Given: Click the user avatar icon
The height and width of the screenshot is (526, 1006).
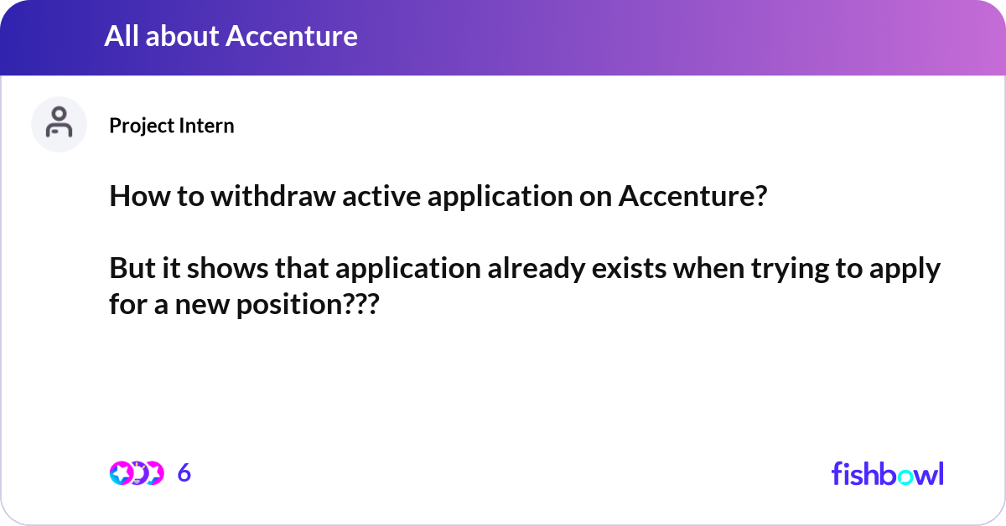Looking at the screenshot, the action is coord(59,124).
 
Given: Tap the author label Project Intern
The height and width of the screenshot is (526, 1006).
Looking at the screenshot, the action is coord(172,126).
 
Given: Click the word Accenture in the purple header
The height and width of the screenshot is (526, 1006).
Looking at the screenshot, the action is coord(292,36).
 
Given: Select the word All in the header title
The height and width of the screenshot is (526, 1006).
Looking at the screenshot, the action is coord(122,36).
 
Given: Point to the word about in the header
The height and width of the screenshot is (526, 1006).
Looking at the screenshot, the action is coord(183,36).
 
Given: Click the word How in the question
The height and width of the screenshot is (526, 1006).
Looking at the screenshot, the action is coord(140,196).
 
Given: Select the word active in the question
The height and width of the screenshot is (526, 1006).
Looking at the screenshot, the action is coord(381,196).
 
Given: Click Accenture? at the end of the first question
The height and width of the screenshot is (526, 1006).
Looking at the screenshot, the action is coord(692,196).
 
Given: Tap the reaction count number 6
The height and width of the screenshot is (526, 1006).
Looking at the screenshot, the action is coord(184,472).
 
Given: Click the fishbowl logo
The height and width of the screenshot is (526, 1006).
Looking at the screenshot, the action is coord(888,473).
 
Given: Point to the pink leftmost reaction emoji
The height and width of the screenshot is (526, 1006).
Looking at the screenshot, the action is coord(121,473).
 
